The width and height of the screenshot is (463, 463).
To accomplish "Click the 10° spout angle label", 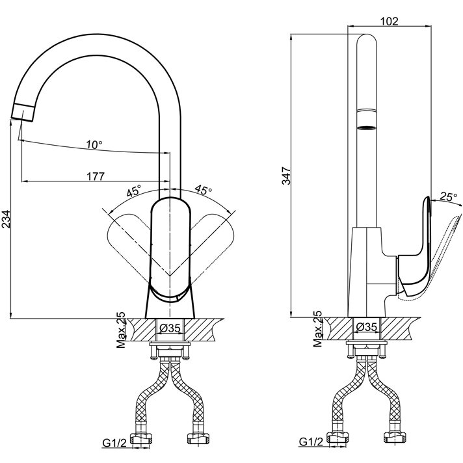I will pyautogui.click(x=94, y=144).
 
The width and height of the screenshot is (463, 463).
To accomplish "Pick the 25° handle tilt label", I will pyautogui.click(x=448, y=196).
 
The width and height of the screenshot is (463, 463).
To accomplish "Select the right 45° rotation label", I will pyautogui.click(x=204, y=191).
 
